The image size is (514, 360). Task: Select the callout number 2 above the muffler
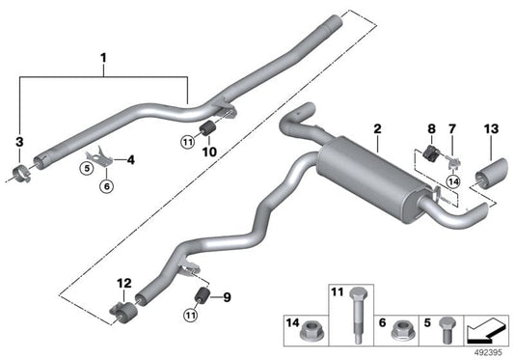pos(377,127)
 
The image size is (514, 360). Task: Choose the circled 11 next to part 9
pos(189,313)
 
